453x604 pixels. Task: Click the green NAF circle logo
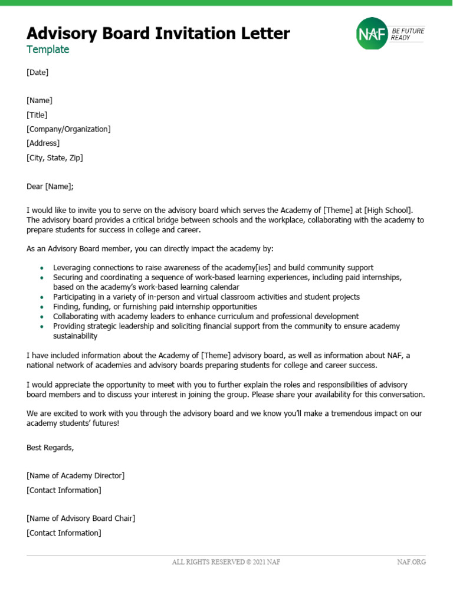(372, 34)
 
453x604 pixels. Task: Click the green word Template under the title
(48, 50)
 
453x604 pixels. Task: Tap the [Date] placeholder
(37, 73)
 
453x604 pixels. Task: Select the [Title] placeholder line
(37, 115)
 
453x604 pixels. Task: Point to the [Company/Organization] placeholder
(68, 129)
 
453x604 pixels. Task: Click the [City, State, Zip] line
(55, 157)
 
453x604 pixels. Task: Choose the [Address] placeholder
(43, 143)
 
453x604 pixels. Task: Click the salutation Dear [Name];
(51, 186)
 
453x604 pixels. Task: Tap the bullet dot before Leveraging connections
(41, 268)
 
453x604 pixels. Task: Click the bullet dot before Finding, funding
(41, 307)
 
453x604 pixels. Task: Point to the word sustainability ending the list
(75, 336)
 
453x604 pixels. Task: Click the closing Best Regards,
(50, 448)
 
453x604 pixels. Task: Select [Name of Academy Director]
(75, 476)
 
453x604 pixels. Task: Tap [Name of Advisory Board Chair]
(81, 518)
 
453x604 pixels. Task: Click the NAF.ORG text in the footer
(411, 562)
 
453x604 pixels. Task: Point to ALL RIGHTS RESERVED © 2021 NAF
(226, 562)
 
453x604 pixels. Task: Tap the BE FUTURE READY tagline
(408, 34)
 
